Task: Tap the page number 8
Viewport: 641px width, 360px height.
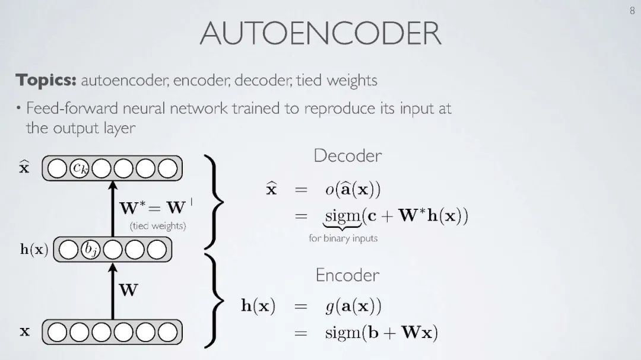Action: (x=632, y=11)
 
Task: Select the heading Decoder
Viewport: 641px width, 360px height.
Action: (x=347, y=156)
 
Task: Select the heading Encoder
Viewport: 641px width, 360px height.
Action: (x=347, y=275)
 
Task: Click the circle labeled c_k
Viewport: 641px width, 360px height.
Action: (x=80, y=169)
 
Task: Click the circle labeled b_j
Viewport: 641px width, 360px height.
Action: (x=90, y=250)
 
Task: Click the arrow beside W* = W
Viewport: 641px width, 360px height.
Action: (x=112, y=208)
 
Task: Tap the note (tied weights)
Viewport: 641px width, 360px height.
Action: (x=157, y=226)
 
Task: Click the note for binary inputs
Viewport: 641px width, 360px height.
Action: (x=343, y=238)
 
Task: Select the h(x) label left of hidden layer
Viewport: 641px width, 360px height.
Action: (x=34, y=250)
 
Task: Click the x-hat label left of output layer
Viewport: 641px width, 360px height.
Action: (x=24, y=168)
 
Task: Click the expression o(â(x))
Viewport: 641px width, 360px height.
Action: (x=353, y=190)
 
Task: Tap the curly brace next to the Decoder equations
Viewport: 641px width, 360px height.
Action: (x=213, y=202)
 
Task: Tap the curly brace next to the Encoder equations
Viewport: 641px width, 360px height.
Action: (x=213, y=301)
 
